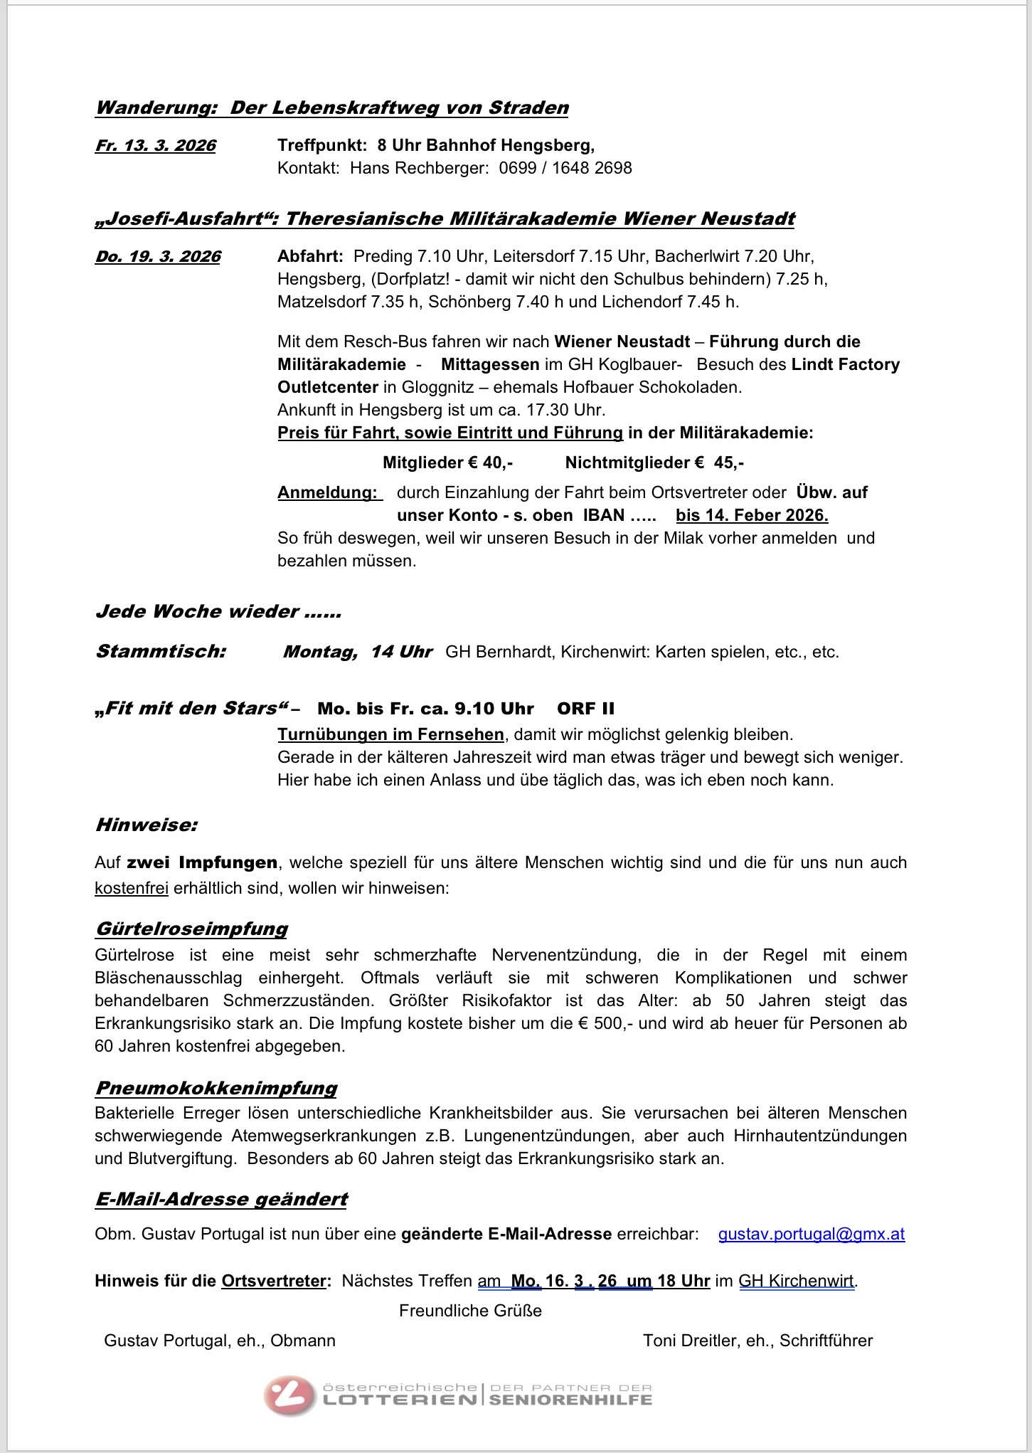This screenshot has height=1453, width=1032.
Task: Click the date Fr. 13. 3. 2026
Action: click(155, 146)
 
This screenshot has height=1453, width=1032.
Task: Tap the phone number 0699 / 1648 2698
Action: click(565, 168)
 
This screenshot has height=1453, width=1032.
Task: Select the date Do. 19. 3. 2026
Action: click(158, 257)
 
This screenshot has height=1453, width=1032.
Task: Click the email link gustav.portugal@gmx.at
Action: click(811, 1234)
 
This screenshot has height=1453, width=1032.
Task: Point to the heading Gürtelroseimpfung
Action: click(191, 929)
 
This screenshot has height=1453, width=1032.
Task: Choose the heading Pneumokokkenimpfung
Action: click(216, 1088)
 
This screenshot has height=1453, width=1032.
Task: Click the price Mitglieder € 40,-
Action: click(447, 463)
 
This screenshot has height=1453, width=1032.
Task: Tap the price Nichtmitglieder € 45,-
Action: click(654, 463)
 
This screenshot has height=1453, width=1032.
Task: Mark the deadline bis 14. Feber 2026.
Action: click(752, 515)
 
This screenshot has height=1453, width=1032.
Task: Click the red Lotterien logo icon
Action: click(289, 1395)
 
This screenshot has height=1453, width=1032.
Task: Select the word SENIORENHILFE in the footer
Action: click(570, 1400)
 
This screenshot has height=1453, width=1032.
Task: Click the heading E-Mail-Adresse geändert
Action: click(221, 1199)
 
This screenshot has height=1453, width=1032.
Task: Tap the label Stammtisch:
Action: click(161, 652)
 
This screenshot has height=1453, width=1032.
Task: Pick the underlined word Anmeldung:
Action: click(328, 492)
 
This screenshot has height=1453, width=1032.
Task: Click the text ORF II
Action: click(585, 709)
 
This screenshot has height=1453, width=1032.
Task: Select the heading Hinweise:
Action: click(146, 825)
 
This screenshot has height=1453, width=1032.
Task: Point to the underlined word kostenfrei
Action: click(132, 888)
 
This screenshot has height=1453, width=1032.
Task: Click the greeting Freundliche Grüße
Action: click(470, 1311)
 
